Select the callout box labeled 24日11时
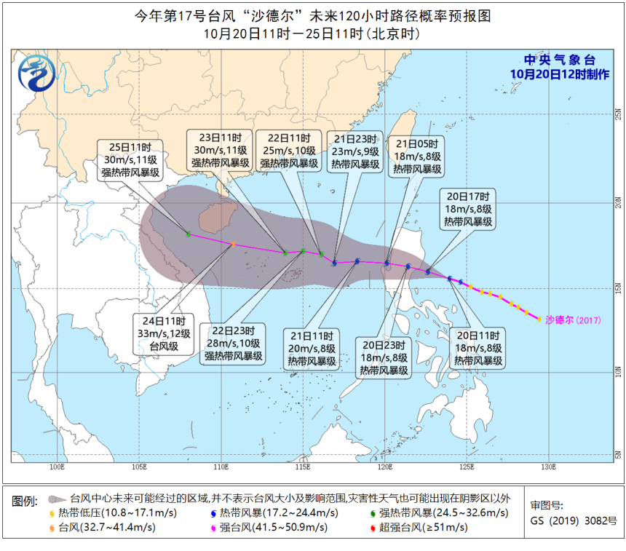click(x=162, y=333)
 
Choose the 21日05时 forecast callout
click(x=418, y=155)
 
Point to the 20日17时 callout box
click(x=467, y=209)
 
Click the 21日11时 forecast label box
click(x=312, y=349)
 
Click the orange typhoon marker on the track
click(x=233, y=245)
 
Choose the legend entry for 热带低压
click(x=95, y=514)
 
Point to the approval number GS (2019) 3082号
click(x=574, y=521)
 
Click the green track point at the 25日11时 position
click(x=189, y=234)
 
